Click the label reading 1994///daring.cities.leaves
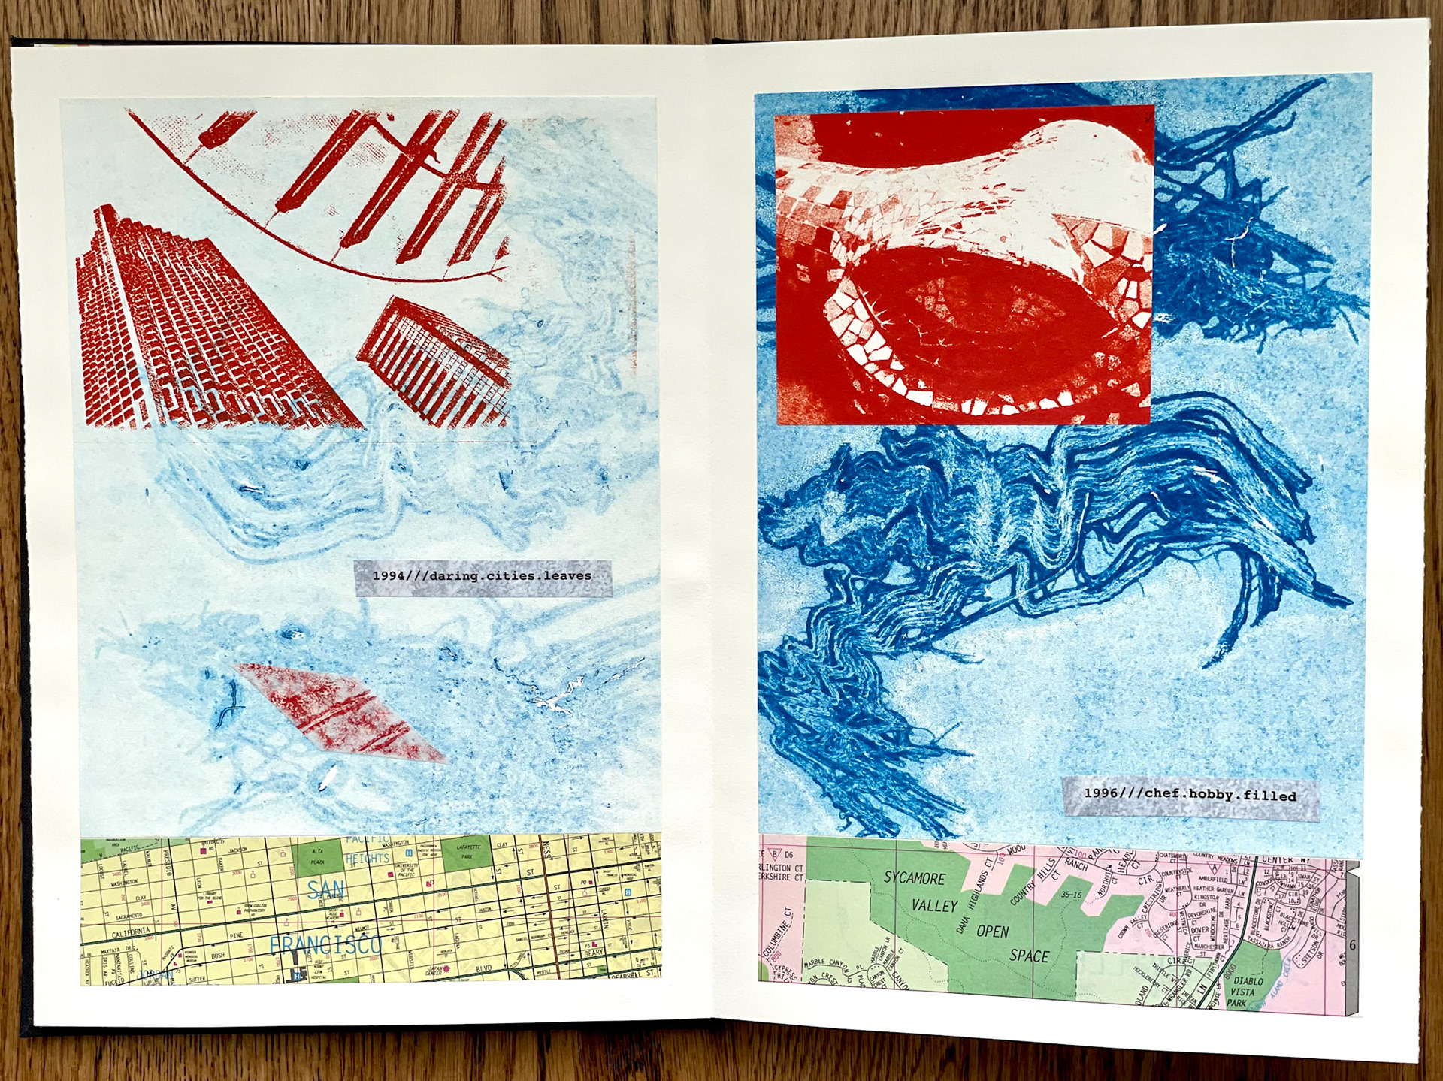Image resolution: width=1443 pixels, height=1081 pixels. pyautogui.click(x=483, y=577)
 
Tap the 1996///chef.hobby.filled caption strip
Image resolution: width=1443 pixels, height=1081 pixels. pyautogui.click(x=1190, y=795)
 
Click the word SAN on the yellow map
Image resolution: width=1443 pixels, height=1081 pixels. pyautogui.click(x=326, y=890)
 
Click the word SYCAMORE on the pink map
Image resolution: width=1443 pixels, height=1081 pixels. pyautogui.click(x=914, y=878)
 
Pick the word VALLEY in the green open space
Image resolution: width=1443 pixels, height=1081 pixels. pyautogui.click(x=934, y=906)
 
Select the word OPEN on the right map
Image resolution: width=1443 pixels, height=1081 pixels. pyautogui.click(x=992, y=932)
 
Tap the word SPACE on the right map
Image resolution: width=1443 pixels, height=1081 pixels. pyautogui.click(x=1029, y=956)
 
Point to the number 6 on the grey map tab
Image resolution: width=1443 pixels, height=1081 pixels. pyautogui.click(x=1352, y=945)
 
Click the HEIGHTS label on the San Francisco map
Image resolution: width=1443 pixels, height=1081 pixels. pyautogui.click(x=368, y=858)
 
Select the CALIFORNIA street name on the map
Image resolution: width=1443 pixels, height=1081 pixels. pyautogui.click(x=132, y=932)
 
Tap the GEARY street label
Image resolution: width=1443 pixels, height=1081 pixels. pyautogui.click(x=594, y=953)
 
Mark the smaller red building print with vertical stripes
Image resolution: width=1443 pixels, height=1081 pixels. pyautogui.click(x=434, y=361)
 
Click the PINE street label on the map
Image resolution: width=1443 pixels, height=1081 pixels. pyautogui.click(x=236, y=936)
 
